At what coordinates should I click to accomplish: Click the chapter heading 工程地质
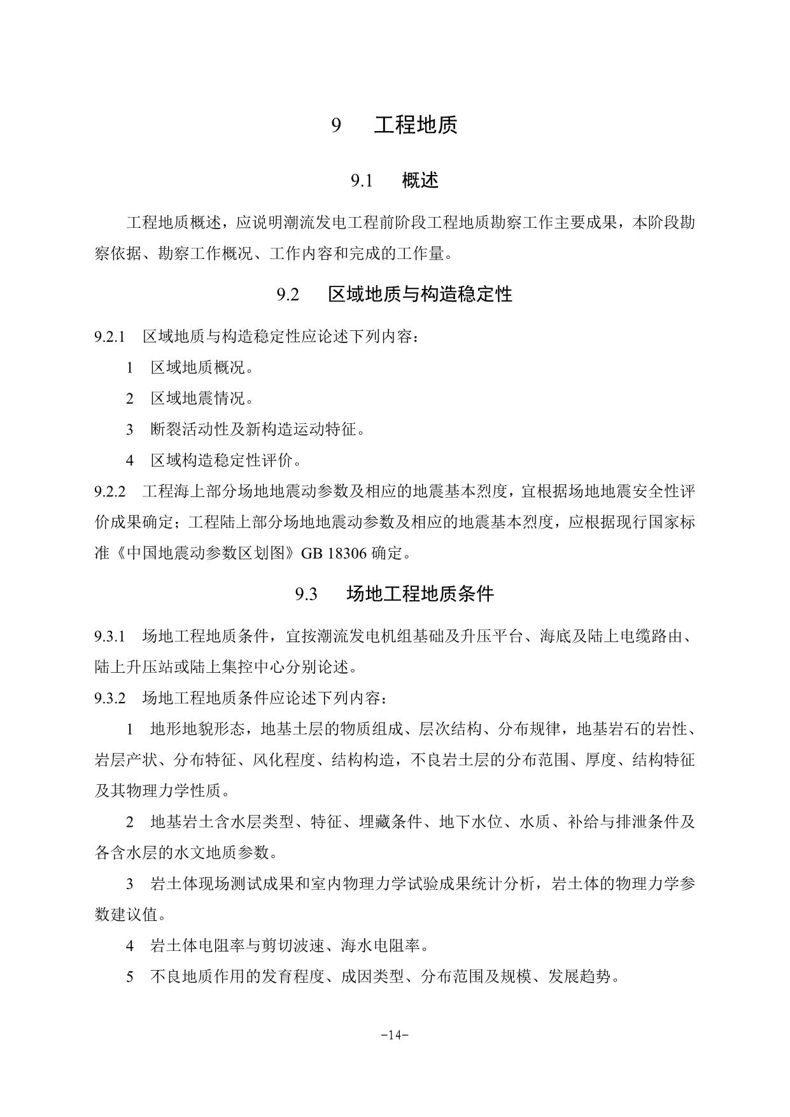point(415,125)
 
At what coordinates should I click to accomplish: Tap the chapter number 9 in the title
point(336,125)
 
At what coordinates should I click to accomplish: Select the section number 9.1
point(361,181)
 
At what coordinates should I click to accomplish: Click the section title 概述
point(420,181)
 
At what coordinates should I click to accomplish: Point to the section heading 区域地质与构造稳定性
point(420,294)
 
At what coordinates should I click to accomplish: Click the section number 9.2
point(288,295)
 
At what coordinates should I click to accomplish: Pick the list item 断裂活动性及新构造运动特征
point(257,430)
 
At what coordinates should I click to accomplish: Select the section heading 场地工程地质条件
point(420,594)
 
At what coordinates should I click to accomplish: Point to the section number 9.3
point(306,594)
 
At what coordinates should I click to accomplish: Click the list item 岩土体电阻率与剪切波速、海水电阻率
point(289,946)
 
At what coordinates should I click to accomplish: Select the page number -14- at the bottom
point(395,1034)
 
